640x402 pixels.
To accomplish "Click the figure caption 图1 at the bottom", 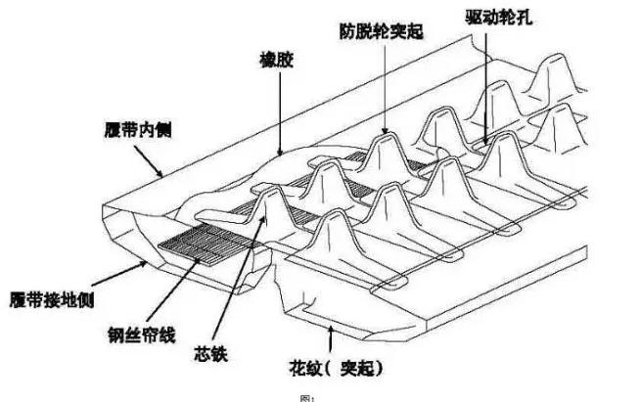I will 311,397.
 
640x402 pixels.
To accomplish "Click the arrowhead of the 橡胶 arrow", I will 280,155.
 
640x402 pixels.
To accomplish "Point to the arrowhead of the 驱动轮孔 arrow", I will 486,144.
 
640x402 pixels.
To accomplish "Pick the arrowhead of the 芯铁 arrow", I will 265,217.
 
